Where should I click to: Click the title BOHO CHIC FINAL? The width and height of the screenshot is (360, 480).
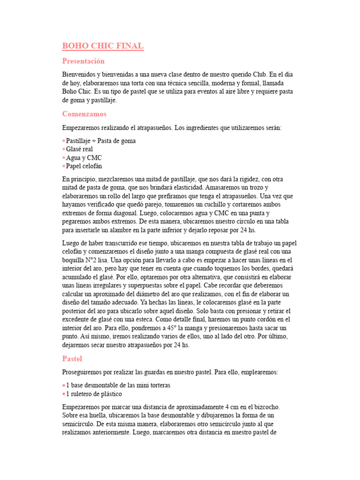(103, 46)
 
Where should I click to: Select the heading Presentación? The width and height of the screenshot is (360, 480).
(83, 61)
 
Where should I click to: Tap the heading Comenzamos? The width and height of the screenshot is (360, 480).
(84, 114)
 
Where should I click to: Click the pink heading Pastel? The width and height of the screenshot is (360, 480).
(72, 359)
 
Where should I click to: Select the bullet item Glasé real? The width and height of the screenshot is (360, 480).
(80, 149)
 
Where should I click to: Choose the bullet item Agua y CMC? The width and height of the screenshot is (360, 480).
(84, 157)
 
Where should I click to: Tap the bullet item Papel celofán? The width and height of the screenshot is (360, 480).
(84, 166)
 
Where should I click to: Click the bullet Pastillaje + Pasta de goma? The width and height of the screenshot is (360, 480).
(101, 141)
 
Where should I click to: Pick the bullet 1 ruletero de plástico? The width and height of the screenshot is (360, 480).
(94, 394)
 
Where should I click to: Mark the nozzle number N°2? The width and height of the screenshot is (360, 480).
(93, 260)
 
